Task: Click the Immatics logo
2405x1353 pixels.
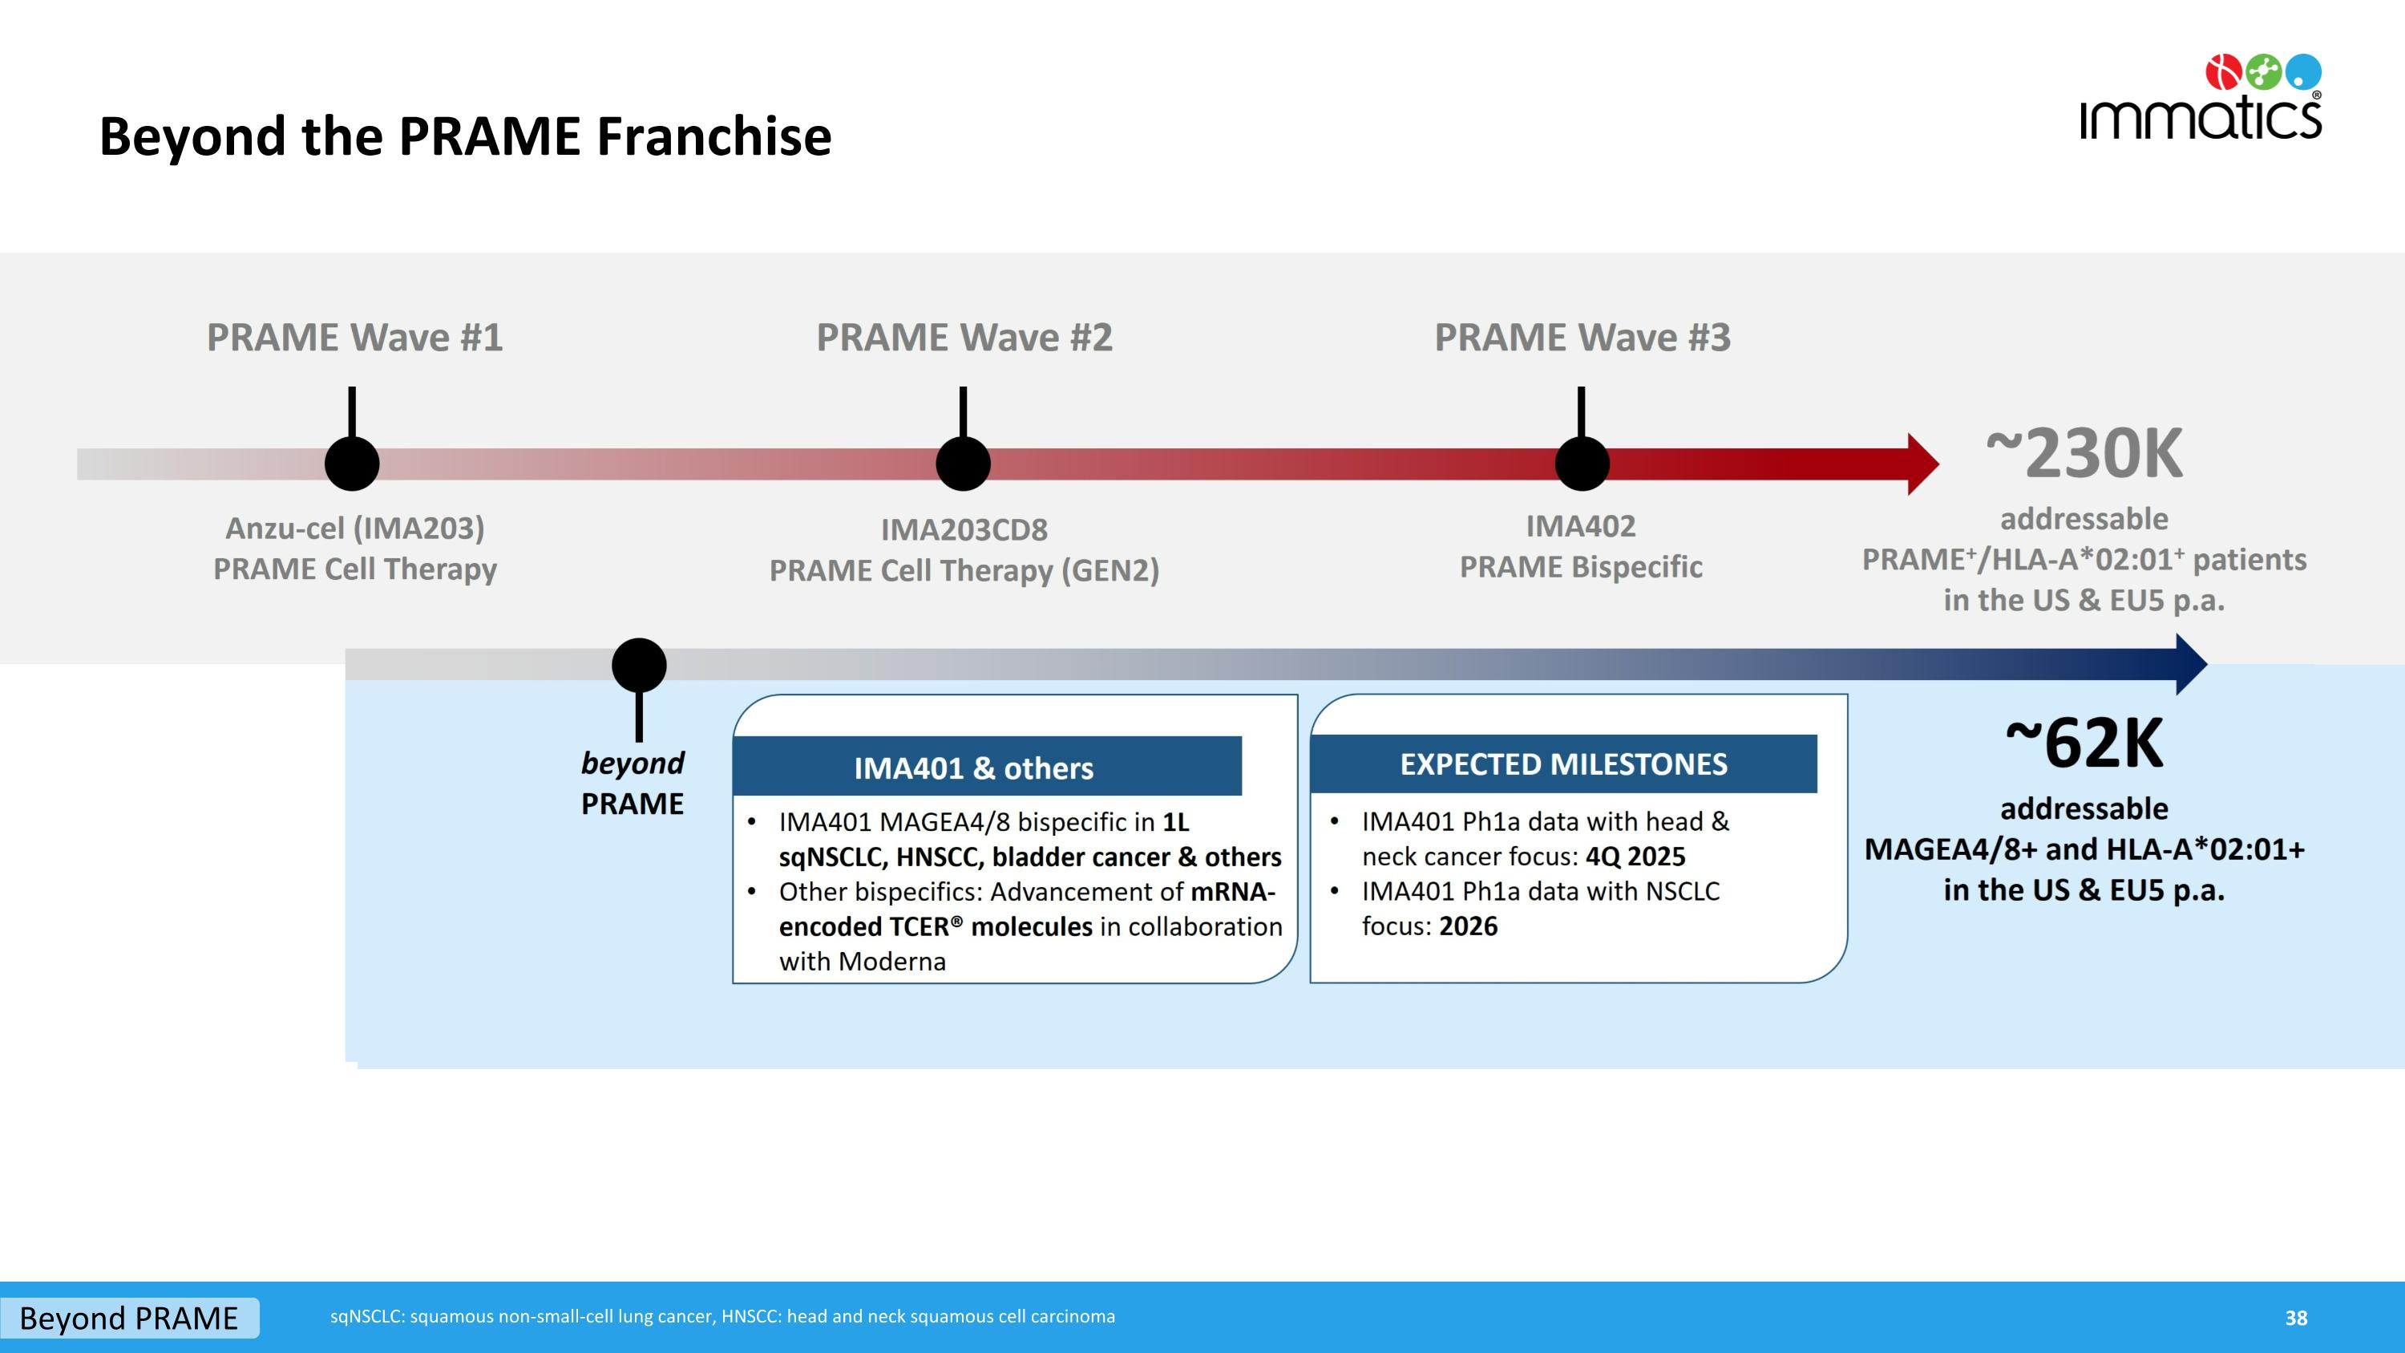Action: coord(2200,99)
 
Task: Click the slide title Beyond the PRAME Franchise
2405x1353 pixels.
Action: coord(465,136)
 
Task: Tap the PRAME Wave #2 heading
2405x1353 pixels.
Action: coord(964,337)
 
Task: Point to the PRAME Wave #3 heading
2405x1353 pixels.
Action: coord(1582,337)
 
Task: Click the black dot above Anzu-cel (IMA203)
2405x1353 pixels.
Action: coord(352,463)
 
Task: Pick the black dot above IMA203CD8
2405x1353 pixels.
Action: coord(963,463)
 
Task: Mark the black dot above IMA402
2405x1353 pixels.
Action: coord(1582,463)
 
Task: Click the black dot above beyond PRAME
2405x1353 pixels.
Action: coord(639,665)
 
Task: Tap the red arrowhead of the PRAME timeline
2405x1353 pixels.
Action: coord(1922,464)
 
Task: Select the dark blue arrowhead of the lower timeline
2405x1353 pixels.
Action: coord(2190,665)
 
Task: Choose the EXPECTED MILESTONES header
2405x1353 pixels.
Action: coord(1563,764)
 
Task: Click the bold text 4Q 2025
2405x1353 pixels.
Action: coord(1635,857)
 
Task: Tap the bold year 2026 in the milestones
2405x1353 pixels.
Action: coord(1468,926)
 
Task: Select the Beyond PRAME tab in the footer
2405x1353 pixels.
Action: coord(129,1318)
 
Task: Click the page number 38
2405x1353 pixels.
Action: coord(2296,1318)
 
